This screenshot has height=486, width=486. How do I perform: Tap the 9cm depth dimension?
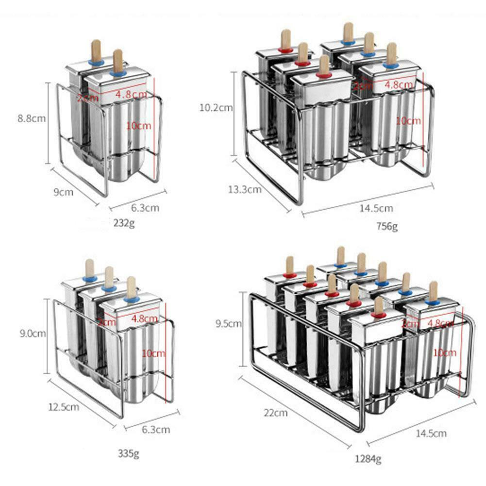(64, 192)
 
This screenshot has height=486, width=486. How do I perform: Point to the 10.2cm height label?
(216, 108)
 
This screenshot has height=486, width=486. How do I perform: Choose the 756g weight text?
(386, 226)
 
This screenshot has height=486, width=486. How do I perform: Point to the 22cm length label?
(275, 413)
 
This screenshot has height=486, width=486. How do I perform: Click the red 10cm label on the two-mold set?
(138, 125)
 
